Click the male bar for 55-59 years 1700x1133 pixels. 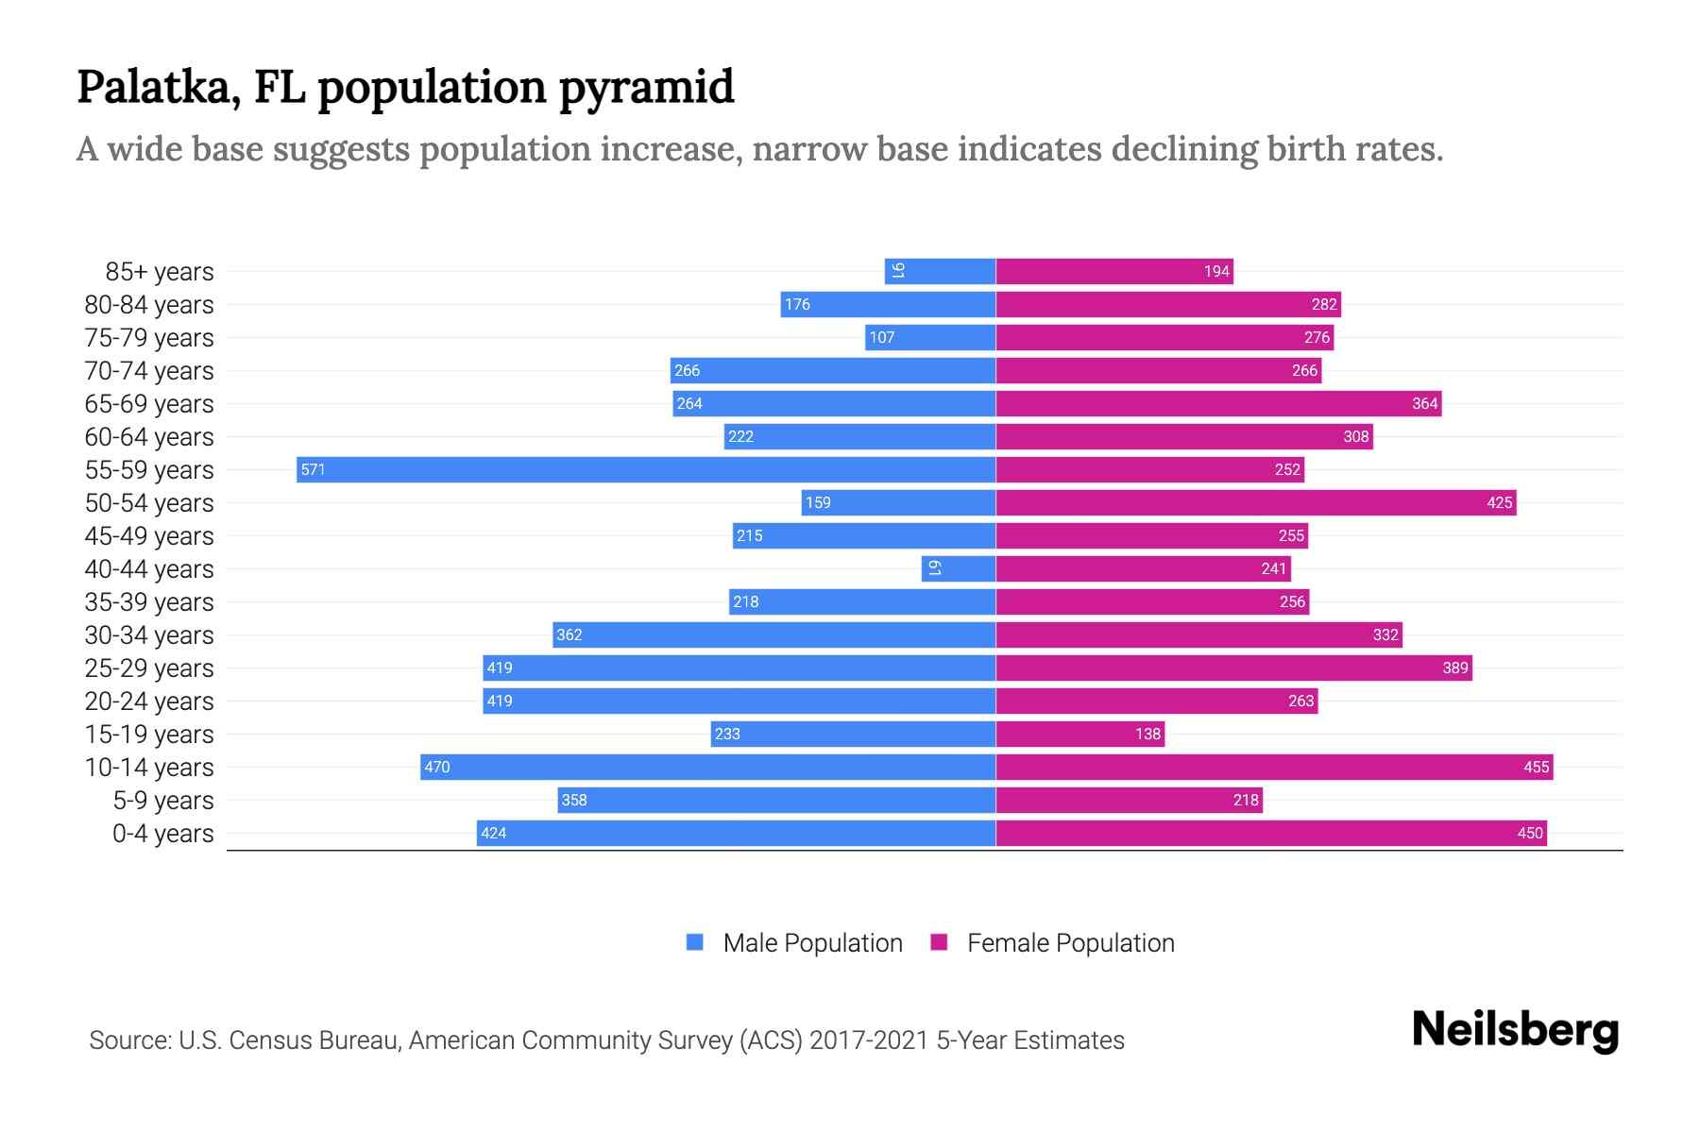click(x=646, y=469)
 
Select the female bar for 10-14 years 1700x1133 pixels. click(x=1274, y=767)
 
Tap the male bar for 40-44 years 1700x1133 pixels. click(x=959, y=568)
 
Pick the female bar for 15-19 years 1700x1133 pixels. click(x=1079, y=734)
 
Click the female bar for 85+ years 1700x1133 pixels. click(x=1114, y=271)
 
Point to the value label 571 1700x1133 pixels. click(x=313, y=469)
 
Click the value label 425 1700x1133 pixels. click(x=1499, y=502)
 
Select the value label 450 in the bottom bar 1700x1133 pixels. click(x=1529, y=833)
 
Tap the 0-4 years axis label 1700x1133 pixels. click(x=162, y=834)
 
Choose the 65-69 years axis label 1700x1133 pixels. click(x=149, y=404)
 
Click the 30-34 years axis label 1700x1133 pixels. click(x=149, y=635)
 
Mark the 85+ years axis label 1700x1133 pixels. click(x=160, y=272)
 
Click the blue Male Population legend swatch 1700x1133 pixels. click(x=695, y=942)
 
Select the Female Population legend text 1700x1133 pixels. click(x=1070, y=942)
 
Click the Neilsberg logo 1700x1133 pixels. click(x=1515, y=1030)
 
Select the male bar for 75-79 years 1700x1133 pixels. click(x=930, y=337)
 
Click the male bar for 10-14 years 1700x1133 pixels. click(x=708, y=767)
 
